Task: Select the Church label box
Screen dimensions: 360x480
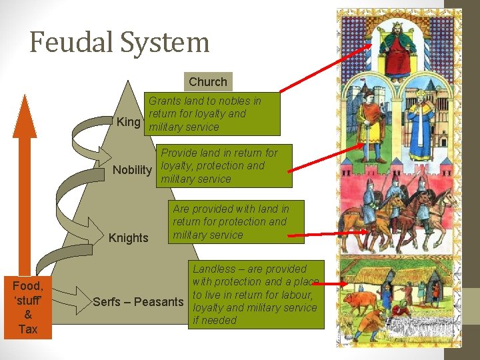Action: pyautogui.click(x=208, y=81)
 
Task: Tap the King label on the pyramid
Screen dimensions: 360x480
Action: pyautogui.click(x=128, y=123)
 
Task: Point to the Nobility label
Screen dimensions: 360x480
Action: pyautogui.click(x=132, y=170)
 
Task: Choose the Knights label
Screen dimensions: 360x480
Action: pyautogui.click(x=128, y=238)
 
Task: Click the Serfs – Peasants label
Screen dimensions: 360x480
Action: pyautogui.click(x=138, y=302)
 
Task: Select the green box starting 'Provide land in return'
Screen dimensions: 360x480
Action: pyautogui.click(x=225, y=165)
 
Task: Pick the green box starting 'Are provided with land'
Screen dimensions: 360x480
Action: pyautogui.click(x=237, y=222)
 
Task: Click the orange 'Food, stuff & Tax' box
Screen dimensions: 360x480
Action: pyautogui.click(x=27, y=307)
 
